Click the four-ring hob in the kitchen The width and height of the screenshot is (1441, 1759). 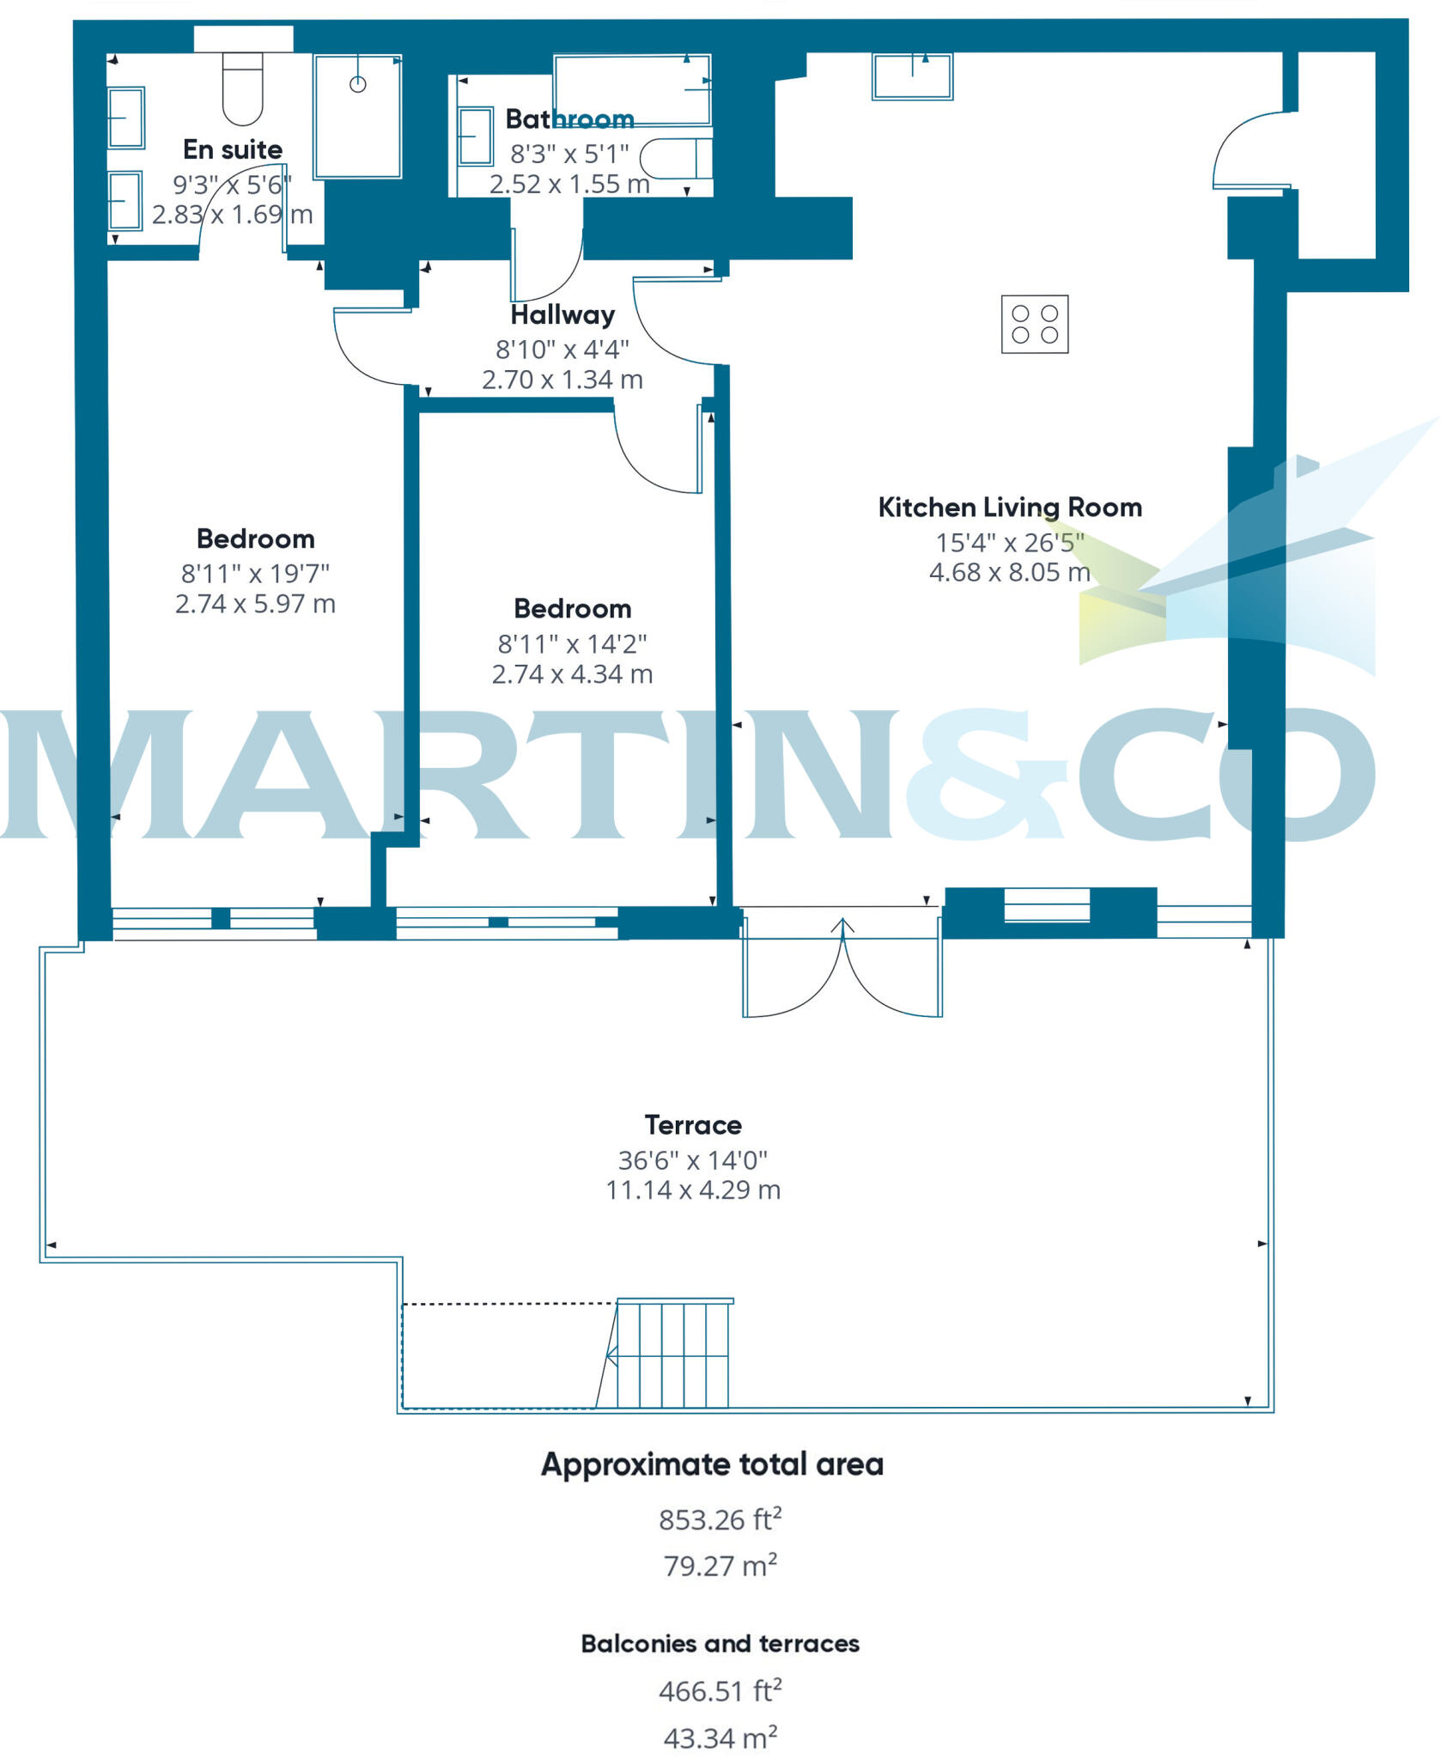click(x=1035, y=324)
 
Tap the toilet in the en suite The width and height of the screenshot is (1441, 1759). click(x=242, y=88)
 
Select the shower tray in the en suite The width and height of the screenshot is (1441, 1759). click(x=357, y=116)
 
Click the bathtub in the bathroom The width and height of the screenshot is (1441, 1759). click(x=633, y=89)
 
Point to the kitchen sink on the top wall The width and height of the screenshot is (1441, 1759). click(x=912, y=76)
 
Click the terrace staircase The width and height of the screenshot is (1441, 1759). click(x=672, y=1353)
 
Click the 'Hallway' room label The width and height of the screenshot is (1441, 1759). click(x=562, y=315)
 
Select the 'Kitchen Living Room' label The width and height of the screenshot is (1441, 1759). click(x=1010, y=508)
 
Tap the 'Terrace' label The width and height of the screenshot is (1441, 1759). click(x=693, y=1125)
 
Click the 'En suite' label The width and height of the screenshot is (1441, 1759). click(x=233, y=149)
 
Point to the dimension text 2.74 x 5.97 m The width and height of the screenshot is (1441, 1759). click(x=255, y=604)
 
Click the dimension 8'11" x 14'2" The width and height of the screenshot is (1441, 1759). click(x=572, y=643)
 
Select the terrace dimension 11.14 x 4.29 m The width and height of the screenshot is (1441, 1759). click(x=693, y=1190)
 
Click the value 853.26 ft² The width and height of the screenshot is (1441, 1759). click(x=720, y=1519)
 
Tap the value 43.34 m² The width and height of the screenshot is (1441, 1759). click(x=720, y=1738)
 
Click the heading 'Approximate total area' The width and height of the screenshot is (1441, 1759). click(x=712, y=1464)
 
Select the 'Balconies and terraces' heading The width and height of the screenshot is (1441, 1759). click(x=720, y=1643)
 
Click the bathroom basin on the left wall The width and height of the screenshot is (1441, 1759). click(x=476, y=136)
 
